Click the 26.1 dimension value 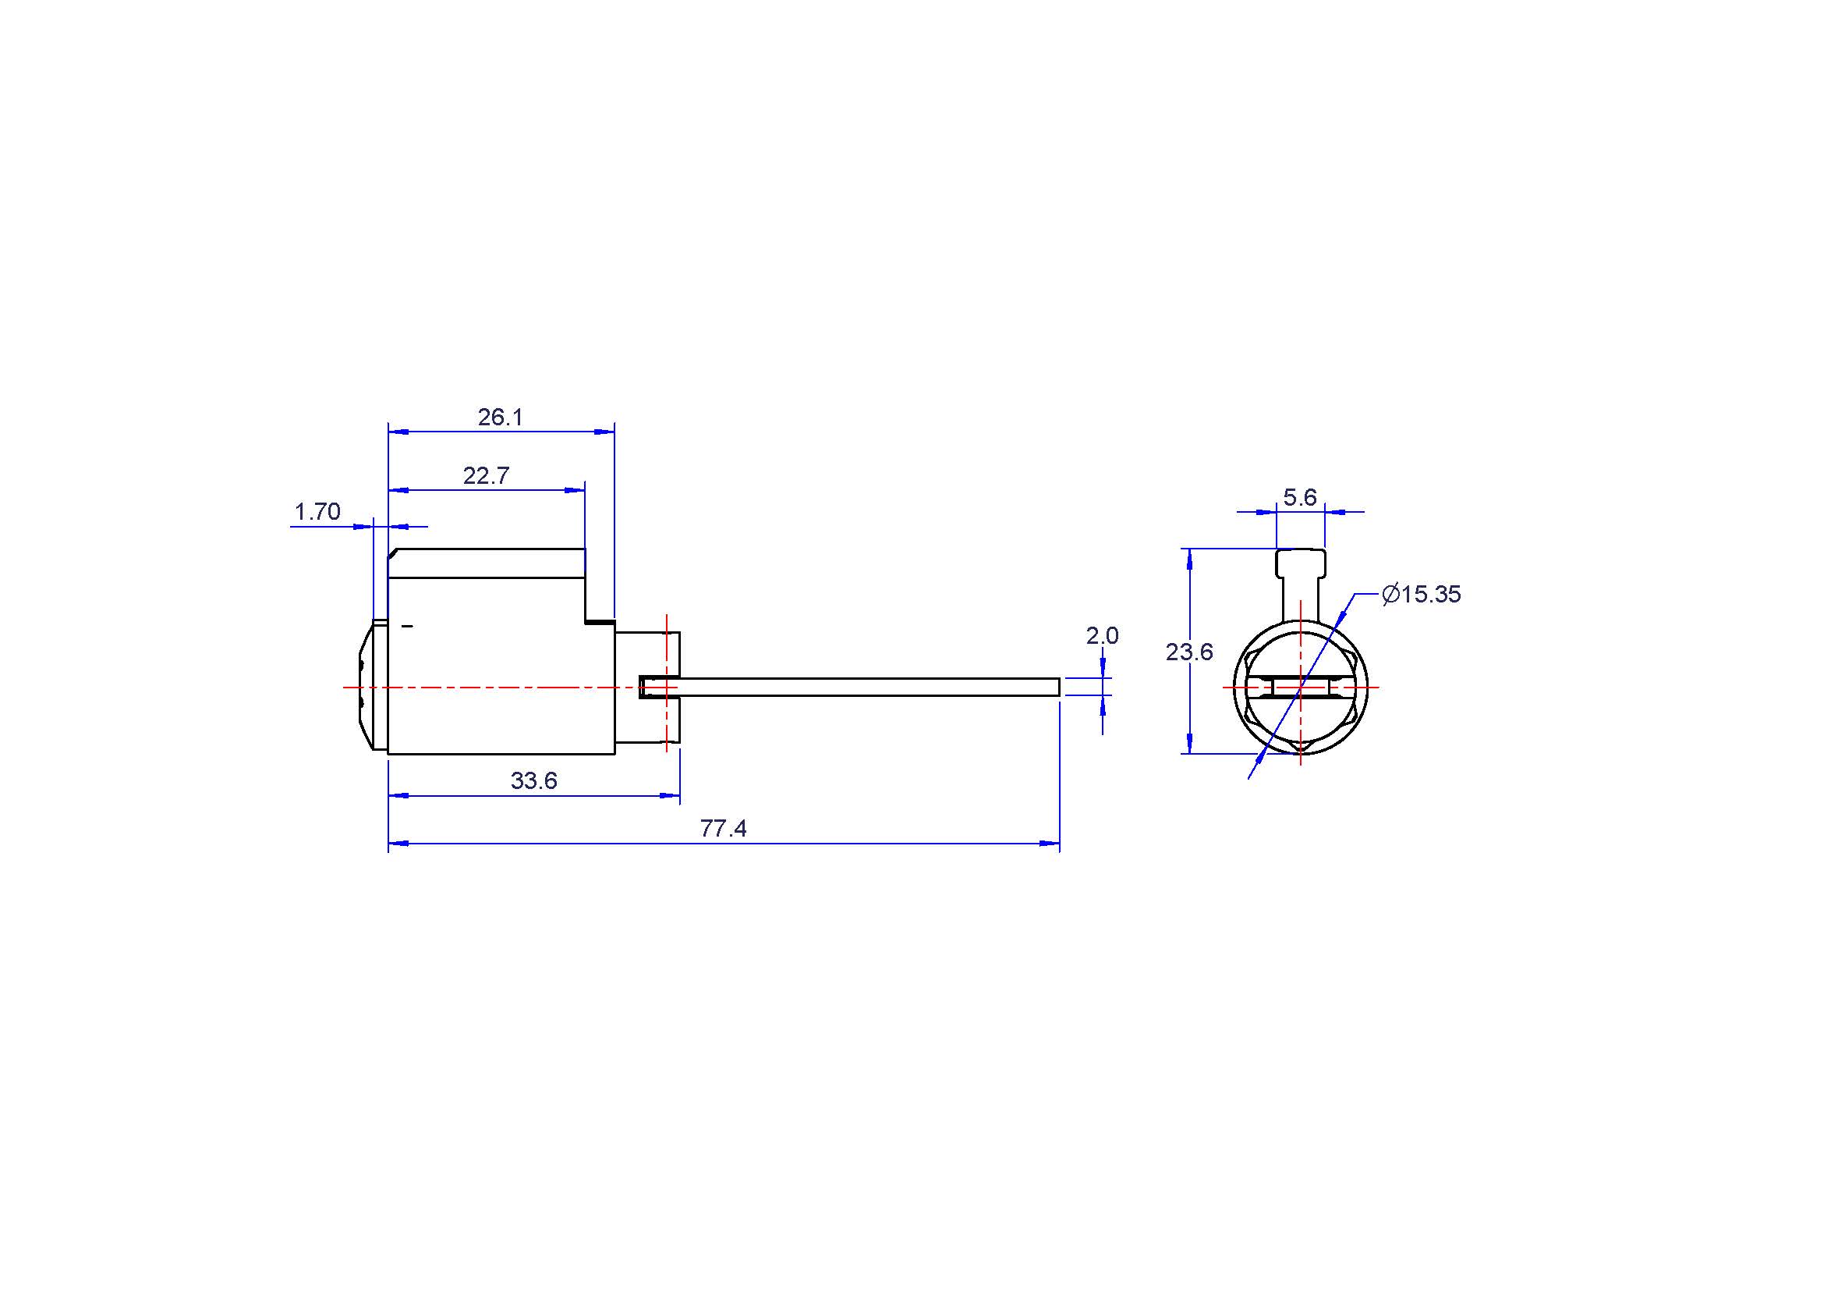point(501,418)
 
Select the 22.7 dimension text point(485,476)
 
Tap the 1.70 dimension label point(317,512)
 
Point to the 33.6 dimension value point(534,781)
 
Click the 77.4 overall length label point(723,829)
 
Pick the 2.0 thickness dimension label point(1102,636)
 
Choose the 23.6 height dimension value point(1189,652)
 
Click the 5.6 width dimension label point(1301,498)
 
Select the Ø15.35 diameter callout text point(1422,595)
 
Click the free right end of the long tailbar point(1059,688)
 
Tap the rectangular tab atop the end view point(1301,563)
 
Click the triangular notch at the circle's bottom point(1301,746)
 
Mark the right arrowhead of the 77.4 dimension point(1050,844)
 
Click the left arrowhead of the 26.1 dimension point(398,432)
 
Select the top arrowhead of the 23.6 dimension point(1189,559)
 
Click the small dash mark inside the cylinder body point(409,627)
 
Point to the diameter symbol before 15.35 point(1390,595)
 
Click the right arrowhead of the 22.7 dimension point(576,490)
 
